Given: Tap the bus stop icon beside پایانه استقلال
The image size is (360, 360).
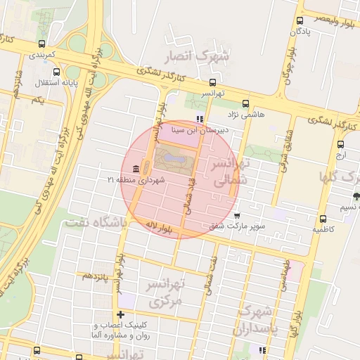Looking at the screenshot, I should tap(57, 71).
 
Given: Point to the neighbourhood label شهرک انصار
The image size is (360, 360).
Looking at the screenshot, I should tap(195, 56).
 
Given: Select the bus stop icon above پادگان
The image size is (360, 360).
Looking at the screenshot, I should tap(300, 20).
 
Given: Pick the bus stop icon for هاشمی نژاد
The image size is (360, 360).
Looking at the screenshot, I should tap(230, 101).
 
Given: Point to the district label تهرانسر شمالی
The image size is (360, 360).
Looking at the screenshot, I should tap(231, 173).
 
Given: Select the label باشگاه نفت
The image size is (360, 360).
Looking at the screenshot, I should tap(95, 222).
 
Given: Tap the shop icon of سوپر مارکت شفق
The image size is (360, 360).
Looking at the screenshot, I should tap(237, 215).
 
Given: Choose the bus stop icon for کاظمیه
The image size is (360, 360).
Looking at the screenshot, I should tap(323, 219).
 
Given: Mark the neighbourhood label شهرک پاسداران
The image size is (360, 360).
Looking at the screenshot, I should tap(259, 319).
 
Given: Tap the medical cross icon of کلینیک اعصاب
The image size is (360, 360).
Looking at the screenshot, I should tap(121, 314).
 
